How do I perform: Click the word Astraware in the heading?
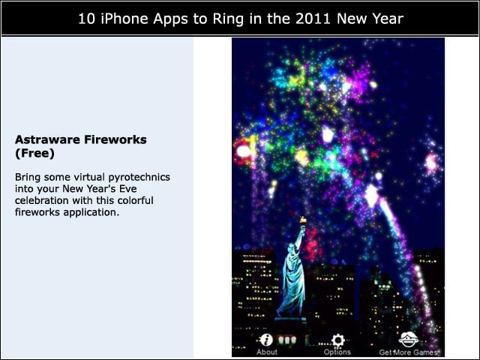[47, 139]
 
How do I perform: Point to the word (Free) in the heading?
[34, 153]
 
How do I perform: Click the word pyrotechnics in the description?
[139, 178]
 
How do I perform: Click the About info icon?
[266, 340]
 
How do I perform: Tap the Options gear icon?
[338, 340]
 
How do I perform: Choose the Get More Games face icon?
[408, 339]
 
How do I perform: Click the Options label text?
[337, 352]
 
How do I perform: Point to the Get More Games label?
[408, 352]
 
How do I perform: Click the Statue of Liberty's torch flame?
[303, 220]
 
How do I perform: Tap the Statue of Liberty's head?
[291, 247]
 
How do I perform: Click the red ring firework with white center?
[244, 151]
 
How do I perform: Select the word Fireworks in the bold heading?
[115, 139]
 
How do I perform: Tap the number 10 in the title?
[86, 19]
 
